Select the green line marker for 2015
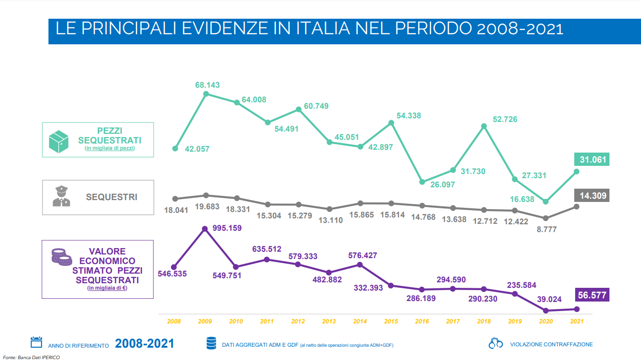pos(391,122)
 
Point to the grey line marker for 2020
pos(545,218)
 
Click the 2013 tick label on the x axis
pos(329,322)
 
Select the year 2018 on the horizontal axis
pos(484,322)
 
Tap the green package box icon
pos(59,141)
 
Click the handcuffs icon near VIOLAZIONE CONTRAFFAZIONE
pos(495,344)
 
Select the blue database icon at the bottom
pos(211,344)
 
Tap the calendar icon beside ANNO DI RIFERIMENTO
pos(36,343)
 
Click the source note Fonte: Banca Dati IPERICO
pos(31,357)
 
